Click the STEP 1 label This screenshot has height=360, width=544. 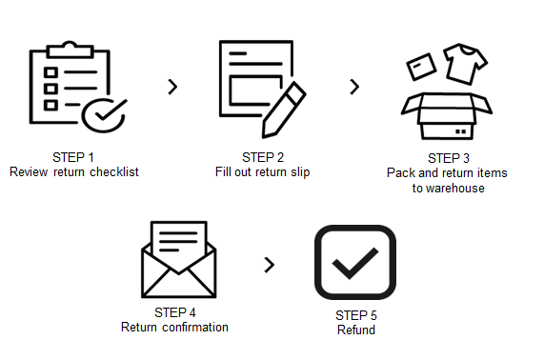point(73,157)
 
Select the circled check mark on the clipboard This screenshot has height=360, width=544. point(104,115)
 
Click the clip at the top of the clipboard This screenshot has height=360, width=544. point(71,50)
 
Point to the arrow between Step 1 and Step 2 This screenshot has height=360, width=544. point(172,87)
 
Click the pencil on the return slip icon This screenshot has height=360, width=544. point(284,110)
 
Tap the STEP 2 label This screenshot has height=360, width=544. point(263,157)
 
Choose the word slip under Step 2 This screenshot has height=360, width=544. point(300,172)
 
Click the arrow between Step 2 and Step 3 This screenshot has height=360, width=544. point(354,87)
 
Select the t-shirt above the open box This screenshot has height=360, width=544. point(465,64)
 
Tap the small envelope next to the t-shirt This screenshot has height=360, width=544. point(421,67)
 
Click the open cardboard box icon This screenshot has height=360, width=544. point(447,116)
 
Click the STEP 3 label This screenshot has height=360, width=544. point(449,158)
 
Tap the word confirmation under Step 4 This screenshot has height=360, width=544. point(195,327)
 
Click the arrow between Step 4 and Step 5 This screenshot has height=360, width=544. point(270,265)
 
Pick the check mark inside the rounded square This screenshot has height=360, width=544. point(355,263)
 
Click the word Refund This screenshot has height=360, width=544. point(356,330)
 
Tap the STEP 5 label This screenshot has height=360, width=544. point(356,315)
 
